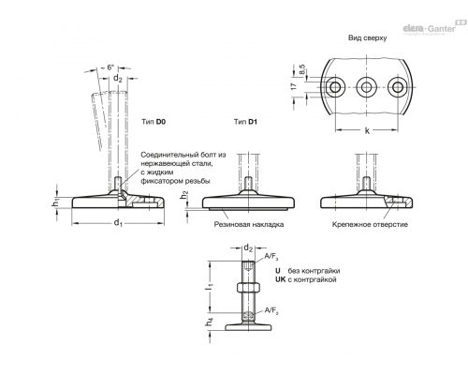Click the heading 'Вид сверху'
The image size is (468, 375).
[367, 38]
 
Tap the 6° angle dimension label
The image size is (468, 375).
[110, 67]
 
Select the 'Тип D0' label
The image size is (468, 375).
[154, 122]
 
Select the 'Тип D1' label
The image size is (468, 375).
[245, 122]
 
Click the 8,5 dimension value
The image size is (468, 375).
[302, 69]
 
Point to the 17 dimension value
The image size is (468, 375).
[294, 86]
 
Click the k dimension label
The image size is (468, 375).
[367, 130]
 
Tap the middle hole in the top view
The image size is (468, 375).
[366, 87]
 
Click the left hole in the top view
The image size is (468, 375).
[335, 87]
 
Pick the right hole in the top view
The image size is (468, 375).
[398, 87]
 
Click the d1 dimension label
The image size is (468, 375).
[118, 223]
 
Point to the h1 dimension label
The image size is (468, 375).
[55, 202]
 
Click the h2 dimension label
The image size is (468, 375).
[184, 195]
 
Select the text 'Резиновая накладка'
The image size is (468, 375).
[249, 224]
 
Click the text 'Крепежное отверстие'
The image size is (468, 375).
[370, 224]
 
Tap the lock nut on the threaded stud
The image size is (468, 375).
[248, 287]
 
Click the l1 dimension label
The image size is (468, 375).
[210, 286]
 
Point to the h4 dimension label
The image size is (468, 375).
[210, 322]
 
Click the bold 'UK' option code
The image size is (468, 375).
[280, 279]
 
